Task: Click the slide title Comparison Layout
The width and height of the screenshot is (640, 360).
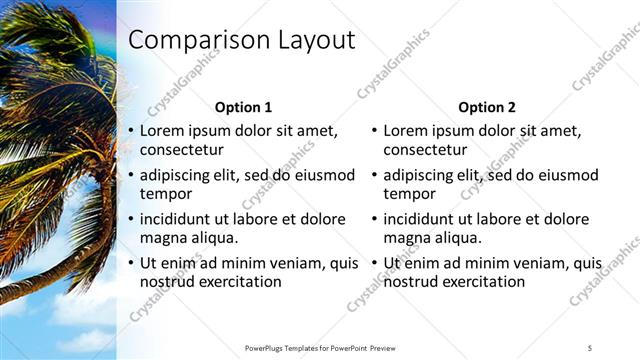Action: (x=242, y=41)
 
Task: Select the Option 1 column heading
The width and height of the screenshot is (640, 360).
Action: (x=243, y=107)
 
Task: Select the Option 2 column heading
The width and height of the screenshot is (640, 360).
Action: (x=486, y=107)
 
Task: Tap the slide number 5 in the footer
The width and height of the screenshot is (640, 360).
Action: (x=590, y=347)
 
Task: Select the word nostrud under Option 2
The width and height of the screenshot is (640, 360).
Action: (x=411, y=282)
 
